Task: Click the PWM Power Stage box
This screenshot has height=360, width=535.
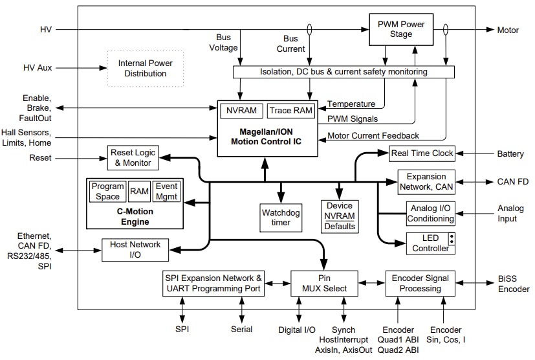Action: tap(401, 29)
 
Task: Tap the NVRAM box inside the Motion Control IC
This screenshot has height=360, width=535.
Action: tap(241, 111)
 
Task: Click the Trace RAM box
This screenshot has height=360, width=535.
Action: tap(290, 111)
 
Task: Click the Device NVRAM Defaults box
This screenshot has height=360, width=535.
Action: tap(340, 216)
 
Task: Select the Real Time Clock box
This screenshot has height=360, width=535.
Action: tap(422, 153)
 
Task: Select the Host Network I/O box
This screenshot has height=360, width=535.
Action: tap(135, 249)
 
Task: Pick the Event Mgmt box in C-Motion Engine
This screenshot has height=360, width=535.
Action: tap(166, 192)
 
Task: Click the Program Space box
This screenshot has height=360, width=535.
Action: tap(107, 192)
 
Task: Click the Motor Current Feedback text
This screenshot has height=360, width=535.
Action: tap(373, 135)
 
